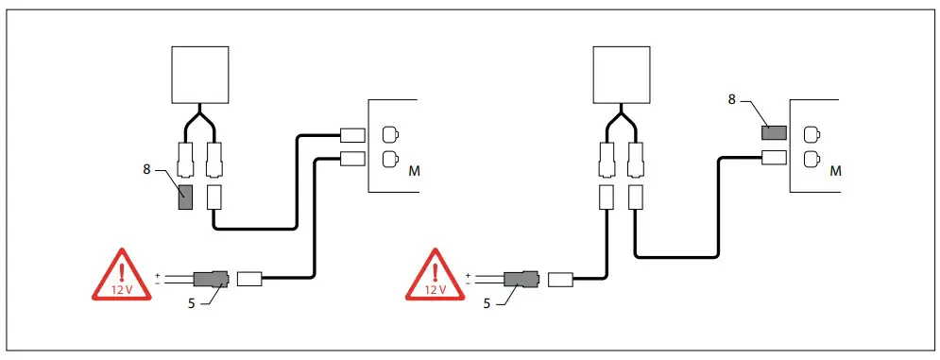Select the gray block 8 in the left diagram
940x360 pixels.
[185, 197]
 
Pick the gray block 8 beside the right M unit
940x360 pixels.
[775, 133]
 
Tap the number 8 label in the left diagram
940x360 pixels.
[146, 168]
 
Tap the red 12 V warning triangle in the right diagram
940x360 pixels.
[434, 276]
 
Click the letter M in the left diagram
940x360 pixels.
[414, 172]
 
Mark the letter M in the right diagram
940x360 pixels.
[834, 172]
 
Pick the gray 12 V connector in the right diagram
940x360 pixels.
[521, 279]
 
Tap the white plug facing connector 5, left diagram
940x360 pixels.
[248, 279]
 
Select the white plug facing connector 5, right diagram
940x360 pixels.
[559, 279]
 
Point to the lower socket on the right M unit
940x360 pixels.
[809, 158]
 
